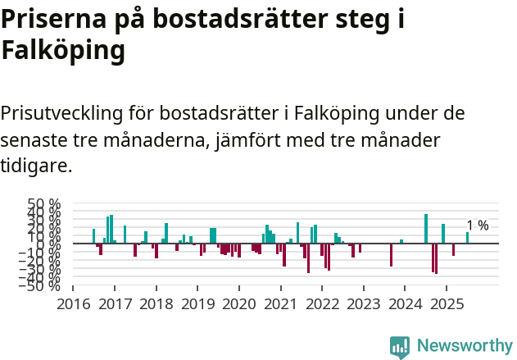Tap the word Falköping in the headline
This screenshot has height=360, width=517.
[63, 51]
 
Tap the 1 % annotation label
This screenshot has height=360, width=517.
[478, 226]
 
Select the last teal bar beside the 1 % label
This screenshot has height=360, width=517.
[468, 238]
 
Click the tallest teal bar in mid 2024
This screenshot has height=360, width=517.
[426, 229]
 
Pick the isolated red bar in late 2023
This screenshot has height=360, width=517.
[391, 255]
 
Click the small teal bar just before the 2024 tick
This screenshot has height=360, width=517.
[401, 241]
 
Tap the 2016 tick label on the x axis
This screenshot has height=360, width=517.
[73, 304]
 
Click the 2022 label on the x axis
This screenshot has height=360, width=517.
[322, 304]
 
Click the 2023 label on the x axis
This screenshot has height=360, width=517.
[363, 304]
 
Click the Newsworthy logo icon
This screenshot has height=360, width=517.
[400, 347]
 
